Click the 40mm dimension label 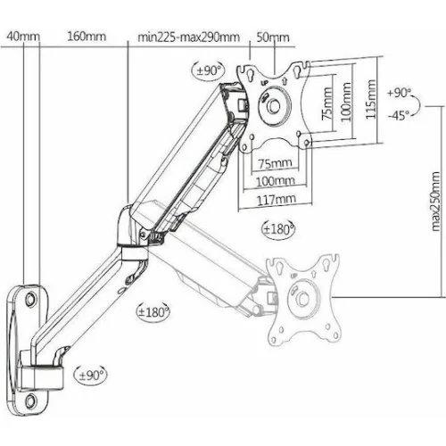pyautogui.click(x=23, y=37)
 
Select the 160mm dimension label pyautogui.click(x=87, y=37)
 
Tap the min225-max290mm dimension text pyautogui.click(x=188, y=37)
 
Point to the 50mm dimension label pyautogui.click(x=273, y=37)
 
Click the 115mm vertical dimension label pyautogui.click(x=370, y=99)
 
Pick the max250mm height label pyautogui.click(x=434, y=202)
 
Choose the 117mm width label pyautogui.click(x=277, y=200)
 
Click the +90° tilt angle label pyautogui.click(x=399, y=93)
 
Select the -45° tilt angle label pyautogui.click(x=399, y=115)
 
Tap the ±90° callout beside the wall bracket pyautogui.click(x=90, y=375)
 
